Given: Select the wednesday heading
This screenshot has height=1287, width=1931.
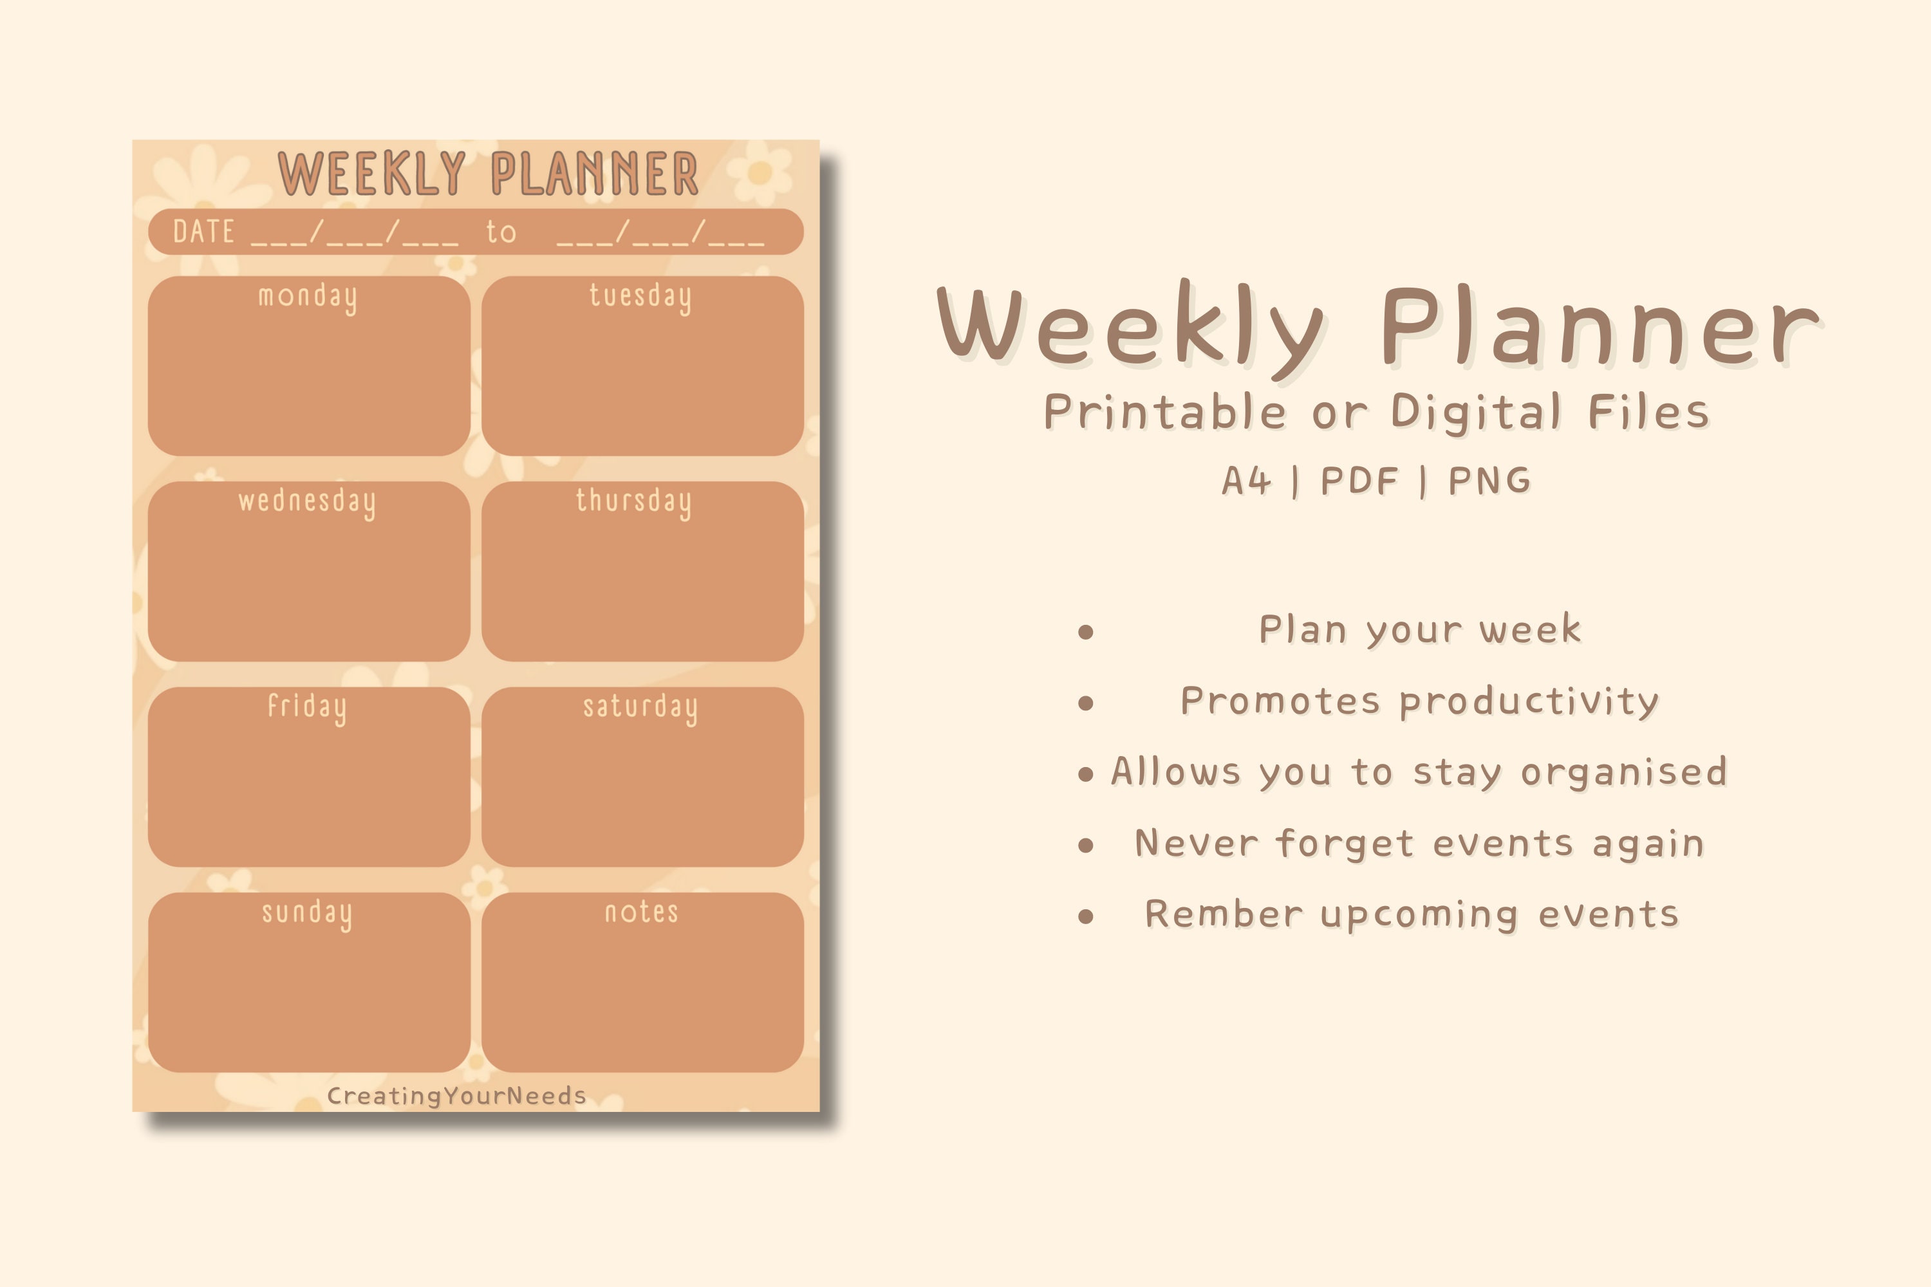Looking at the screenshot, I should pyautogui.click(x=307, y=501).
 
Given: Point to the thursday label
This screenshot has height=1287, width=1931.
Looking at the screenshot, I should pyautogui.click(x=633, y=501).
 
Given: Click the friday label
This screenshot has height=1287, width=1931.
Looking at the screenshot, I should pyautogui.click(x=307, y=707).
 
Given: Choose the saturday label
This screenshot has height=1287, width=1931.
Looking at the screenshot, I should pyautogui.click(x=640, y=707).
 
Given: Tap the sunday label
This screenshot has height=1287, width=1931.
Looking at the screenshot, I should pyautogui.click(x=307, y=912).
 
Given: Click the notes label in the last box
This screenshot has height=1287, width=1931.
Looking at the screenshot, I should pyautogui.click(x=641, y=912).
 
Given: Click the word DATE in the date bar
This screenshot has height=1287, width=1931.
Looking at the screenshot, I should pyautogui.click(x=203, y=232).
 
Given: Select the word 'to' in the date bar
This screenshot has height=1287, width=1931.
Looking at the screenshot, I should pyautogui.click(x=501, y=232).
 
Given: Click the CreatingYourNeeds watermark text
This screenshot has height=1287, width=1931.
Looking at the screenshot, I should pyautogui.click(x=456, y=1096).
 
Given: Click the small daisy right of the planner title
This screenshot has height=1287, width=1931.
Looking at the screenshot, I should pyautogui.click(x=760, y=173).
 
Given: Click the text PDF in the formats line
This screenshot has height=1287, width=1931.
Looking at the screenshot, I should pyautogui.click(x=1359, y=481).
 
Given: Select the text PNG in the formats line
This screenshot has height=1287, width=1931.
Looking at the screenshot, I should pyautogui.click(x=1489, y=481).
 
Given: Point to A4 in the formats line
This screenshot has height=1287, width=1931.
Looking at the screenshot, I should pyautogui.click(x=1246, y=481).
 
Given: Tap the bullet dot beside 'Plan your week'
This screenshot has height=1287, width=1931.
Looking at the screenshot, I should pyautogui.click(x=1085, y=631).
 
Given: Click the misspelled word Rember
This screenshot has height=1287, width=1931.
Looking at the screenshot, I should pyautogui.click(x=1224, y=914).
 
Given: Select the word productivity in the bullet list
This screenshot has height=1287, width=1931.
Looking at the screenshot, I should pyautogui.click(x=1529, y=702).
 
